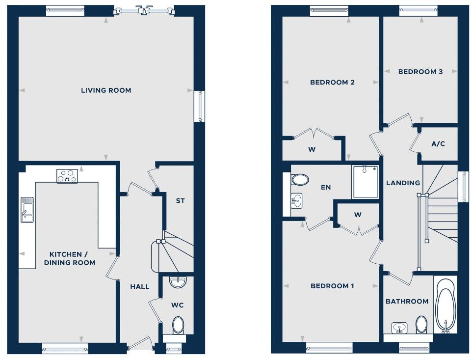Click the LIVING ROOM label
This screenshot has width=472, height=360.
point(106,90)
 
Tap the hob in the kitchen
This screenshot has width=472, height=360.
point(67,176)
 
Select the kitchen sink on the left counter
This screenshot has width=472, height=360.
point(26,210)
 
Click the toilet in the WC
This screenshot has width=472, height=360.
point(178,325)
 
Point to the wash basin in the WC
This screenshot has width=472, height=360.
point(177,282)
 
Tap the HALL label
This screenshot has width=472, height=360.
point(139,286)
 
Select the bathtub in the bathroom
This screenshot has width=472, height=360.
point(445,305)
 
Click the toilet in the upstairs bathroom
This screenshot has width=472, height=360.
point(421,324)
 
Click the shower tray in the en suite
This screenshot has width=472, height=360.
point(365,182)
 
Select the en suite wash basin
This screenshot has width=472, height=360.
point(296,200)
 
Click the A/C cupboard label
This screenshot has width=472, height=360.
point(438,144)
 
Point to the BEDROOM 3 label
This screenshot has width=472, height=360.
point(420,72)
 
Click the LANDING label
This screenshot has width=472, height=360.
point(403,183)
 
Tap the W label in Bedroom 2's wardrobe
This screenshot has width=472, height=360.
point(312,150)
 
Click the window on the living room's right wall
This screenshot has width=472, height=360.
point(200,106)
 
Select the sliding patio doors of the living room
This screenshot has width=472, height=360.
point(143,10)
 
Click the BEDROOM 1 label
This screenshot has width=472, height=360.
point(332,286)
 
